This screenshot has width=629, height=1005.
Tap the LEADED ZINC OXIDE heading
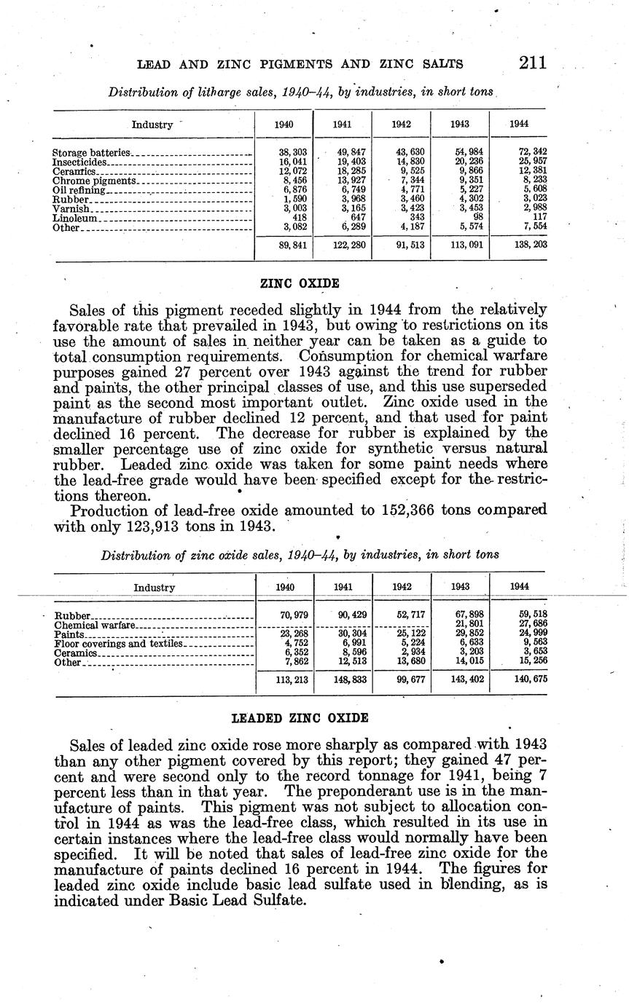(300, 718)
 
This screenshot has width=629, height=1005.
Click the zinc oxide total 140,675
(530, 679)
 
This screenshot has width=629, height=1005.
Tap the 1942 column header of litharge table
(401, 125)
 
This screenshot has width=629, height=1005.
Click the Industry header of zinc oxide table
(154, 587)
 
